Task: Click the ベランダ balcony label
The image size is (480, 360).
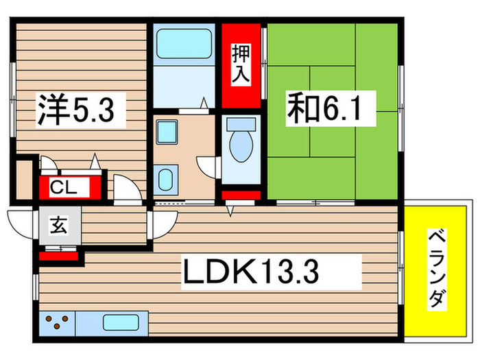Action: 437,270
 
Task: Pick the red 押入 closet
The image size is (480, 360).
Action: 241,66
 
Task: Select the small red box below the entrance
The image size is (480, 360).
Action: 58,257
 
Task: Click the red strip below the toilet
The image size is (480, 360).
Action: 240,195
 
